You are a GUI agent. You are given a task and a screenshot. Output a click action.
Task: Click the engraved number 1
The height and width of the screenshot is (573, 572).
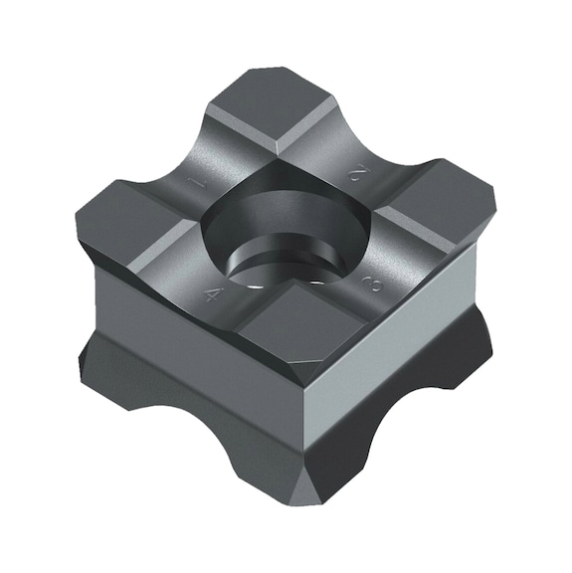[x=199, y=182]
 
